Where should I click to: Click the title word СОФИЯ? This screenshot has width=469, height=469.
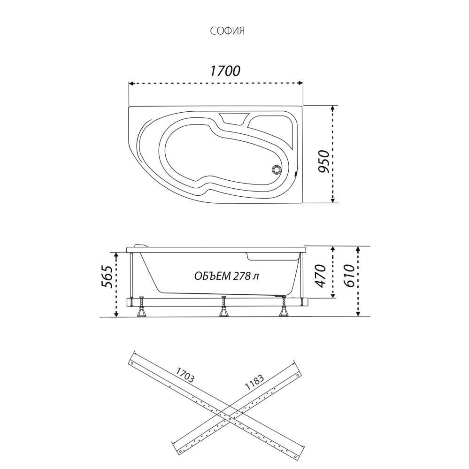click(227, 31)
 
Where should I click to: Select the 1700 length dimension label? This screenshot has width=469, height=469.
click(225, 71)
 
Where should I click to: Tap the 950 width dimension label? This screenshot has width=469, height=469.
click(323, 161)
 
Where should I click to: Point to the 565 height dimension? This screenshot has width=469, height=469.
click(107, 277)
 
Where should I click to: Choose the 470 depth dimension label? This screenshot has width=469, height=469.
click(320, 276)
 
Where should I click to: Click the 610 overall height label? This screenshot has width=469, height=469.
click(349, 276)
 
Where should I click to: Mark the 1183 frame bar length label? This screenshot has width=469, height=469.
click(254, 383)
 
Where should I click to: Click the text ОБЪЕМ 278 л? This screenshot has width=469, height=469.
click(227, 276)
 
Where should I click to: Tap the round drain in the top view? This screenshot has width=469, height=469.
click(277, 169)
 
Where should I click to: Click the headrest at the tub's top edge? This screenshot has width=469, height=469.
click(234, 118)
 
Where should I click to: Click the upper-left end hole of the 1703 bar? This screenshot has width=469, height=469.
click(131, 363)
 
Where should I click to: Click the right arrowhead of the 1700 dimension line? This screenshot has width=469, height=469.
click(301, 83)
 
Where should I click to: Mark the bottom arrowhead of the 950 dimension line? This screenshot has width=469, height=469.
click(333, 200)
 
